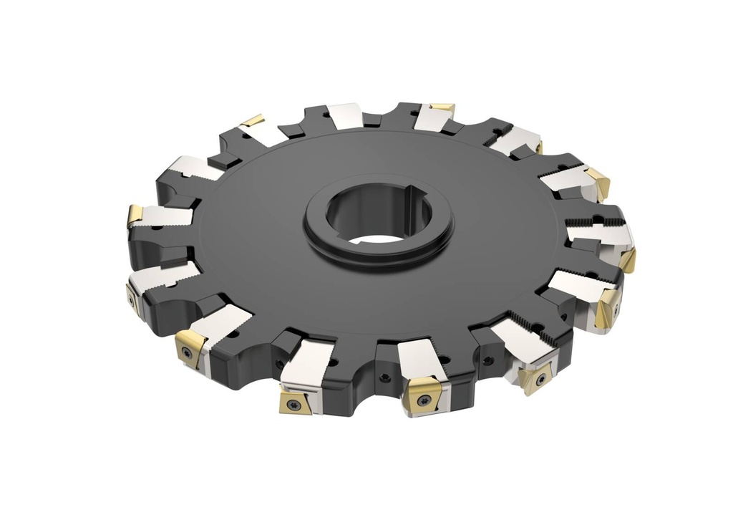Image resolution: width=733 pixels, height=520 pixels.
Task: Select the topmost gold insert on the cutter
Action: point(442,108)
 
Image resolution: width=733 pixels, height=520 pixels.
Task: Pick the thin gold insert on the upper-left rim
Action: point(252,120)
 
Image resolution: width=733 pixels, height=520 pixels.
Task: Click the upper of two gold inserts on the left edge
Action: point(135,215)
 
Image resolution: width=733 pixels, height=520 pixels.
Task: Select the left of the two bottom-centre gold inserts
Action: point(295,403)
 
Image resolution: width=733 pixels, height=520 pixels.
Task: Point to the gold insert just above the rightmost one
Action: point(598,183)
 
